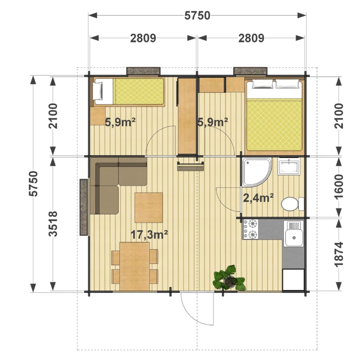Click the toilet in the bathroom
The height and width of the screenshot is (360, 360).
tap(292, 204)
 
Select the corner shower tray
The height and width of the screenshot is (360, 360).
tap(256, 172)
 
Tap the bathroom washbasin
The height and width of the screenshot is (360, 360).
tap(288, 166)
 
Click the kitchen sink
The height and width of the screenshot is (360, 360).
tap(294, 233)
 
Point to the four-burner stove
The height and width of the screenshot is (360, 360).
tap(251, 229)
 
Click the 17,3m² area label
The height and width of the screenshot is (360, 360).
tap(149, 234)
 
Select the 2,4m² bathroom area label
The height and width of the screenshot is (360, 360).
tap(258, 198)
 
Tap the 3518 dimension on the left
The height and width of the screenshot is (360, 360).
tap(53, 224)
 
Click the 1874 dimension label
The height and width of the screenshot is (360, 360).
tap(339, 254)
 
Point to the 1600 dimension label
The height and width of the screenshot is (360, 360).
tap(339, 187)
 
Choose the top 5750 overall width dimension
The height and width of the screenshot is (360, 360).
tap(198, 16)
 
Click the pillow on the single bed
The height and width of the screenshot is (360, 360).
tap(98, 91)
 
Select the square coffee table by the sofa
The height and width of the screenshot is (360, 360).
tap(148, 207)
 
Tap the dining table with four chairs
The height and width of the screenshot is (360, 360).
tap(135, 266)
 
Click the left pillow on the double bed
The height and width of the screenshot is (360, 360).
tap(262, 84)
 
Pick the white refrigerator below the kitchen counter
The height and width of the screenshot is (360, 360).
tap(293, 279)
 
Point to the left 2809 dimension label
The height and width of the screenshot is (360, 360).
tap(143, 38)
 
